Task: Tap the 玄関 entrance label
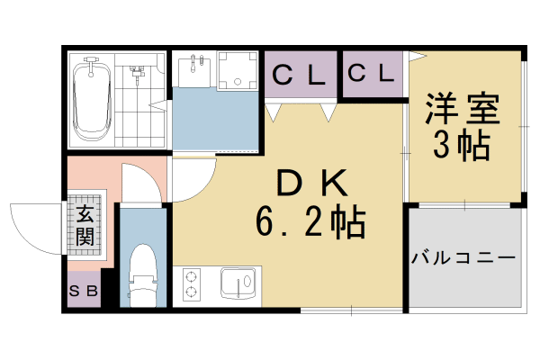[x=85, y=226]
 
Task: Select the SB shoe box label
[x=84, y=291]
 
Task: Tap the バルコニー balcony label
[x=463, y=257]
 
